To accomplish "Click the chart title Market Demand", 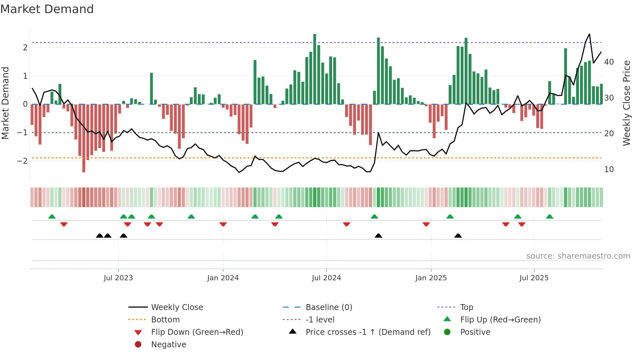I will (x=47, y=9).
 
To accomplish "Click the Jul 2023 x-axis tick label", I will (x=118, y=278).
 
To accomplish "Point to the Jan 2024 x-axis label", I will (x=223, y=278).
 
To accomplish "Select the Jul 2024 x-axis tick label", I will (x=326, y=278).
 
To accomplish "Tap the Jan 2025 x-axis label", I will (x=431, y=278).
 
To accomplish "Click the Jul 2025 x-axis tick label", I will (x=534, y=278).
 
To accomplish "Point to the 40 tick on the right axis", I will (x=609, y=62).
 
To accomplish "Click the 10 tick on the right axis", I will (x=609, y=170).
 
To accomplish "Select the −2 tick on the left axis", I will (x=22, y=161).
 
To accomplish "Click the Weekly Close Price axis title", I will (x=626, y=103).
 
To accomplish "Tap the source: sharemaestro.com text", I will (x=578, y=256).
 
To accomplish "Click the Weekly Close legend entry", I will (x=177, y=307).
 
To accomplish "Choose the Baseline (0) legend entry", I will (x=328, y=307).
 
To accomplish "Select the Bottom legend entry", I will (x=165, y=320).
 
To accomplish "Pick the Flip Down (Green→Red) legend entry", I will (x=197, y=332).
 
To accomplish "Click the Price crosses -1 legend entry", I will (x=368, y=332).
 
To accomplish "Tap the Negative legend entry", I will (x=168, y=345).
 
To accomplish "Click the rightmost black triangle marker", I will (x=458, y=236).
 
